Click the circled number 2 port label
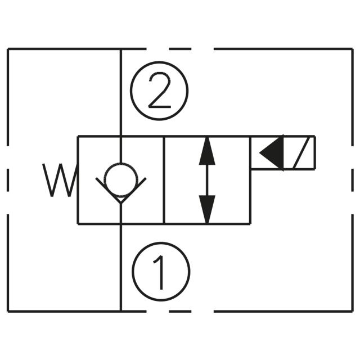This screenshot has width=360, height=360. coord(159,91)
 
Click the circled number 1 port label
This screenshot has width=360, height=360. coord(161,271)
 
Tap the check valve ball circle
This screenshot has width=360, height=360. coord(121,180)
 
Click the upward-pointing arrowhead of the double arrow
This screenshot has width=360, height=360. coord(207,151)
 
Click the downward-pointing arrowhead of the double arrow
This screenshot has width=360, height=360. coord(207,209)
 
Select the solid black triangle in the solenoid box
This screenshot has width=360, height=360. coord(272,153)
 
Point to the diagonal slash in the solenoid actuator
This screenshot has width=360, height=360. coord(300,153)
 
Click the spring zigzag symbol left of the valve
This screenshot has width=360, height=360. coord(60,180)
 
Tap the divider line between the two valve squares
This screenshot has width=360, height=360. coord(164,180)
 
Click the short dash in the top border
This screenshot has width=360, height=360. coord(180,49)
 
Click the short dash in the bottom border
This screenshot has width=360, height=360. coord(180,311)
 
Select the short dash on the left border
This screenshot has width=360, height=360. coord(8,180)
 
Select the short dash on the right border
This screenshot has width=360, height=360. coord(353,180)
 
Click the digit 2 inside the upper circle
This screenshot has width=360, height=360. coord(160,91)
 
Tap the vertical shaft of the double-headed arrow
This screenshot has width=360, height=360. coord(207,180)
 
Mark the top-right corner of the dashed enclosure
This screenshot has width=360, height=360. coord(353,49)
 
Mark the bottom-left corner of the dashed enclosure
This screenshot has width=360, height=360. coord(8,311)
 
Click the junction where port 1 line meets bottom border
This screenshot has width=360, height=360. coord(121,311)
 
